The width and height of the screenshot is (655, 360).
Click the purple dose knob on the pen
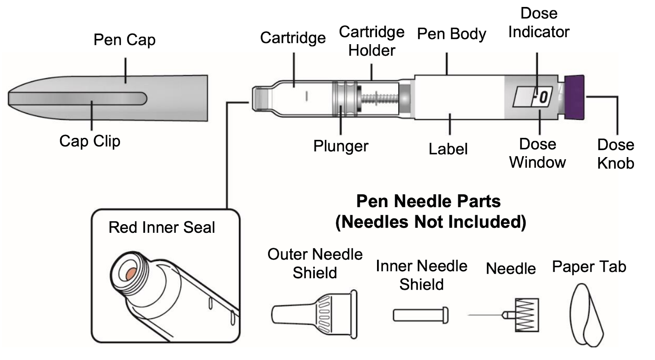click(x=574, y=97)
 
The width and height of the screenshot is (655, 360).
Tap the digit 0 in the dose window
click(x=543, y=97)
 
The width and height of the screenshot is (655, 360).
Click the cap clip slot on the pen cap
click(x=78, y=99)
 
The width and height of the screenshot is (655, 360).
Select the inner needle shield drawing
click(x=420, y=315)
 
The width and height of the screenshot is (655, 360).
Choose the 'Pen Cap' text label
click(x=124, y=40)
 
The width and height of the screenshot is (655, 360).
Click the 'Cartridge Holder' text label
click(x=372, y=41)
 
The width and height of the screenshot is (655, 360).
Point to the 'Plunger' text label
click(x=341, y=146)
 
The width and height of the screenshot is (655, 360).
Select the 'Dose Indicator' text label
click(x=539, y=23)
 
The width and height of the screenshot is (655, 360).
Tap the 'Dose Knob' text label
click(x=615, y=154)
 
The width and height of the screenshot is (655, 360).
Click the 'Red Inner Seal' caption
click(x=162, y=227)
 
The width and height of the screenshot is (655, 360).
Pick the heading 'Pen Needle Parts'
click(x=428, y=201)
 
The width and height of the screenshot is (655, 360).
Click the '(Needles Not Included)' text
click(x=430, y=222)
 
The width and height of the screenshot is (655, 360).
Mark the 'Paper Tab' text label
click(x=589, y=267)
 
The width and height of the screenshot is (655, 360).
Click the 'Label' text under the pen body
click(x=448, y=149)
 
